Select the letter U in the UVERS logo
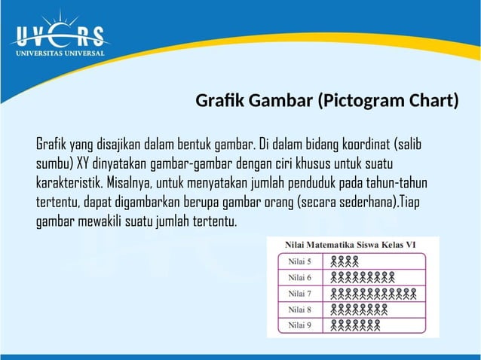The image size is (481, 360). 20,36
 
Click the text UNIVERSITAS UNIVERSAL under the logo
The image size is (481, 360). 56,53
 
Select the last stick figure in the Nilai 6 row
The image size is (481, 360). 391,277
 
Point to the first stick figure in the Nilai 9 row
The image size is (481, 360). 334,325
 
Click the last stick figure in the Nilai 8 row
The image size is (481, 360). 384,310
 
